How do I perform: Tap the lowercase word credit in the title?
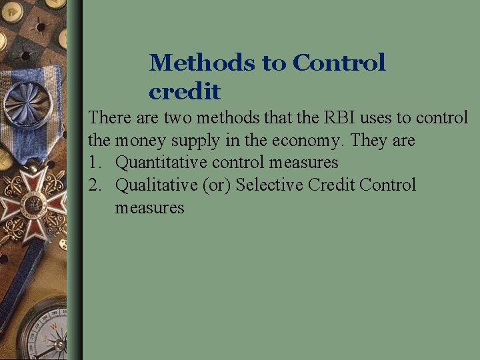coord(185,91)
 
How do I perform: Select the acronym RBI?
coord(358,118)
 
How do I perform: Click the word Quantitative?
coord(162,163)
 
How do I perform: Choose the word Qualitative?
coord(157,185)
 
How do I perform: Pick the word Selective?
coord(270,185)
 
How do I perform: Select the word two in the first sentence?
coord(179,118)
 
